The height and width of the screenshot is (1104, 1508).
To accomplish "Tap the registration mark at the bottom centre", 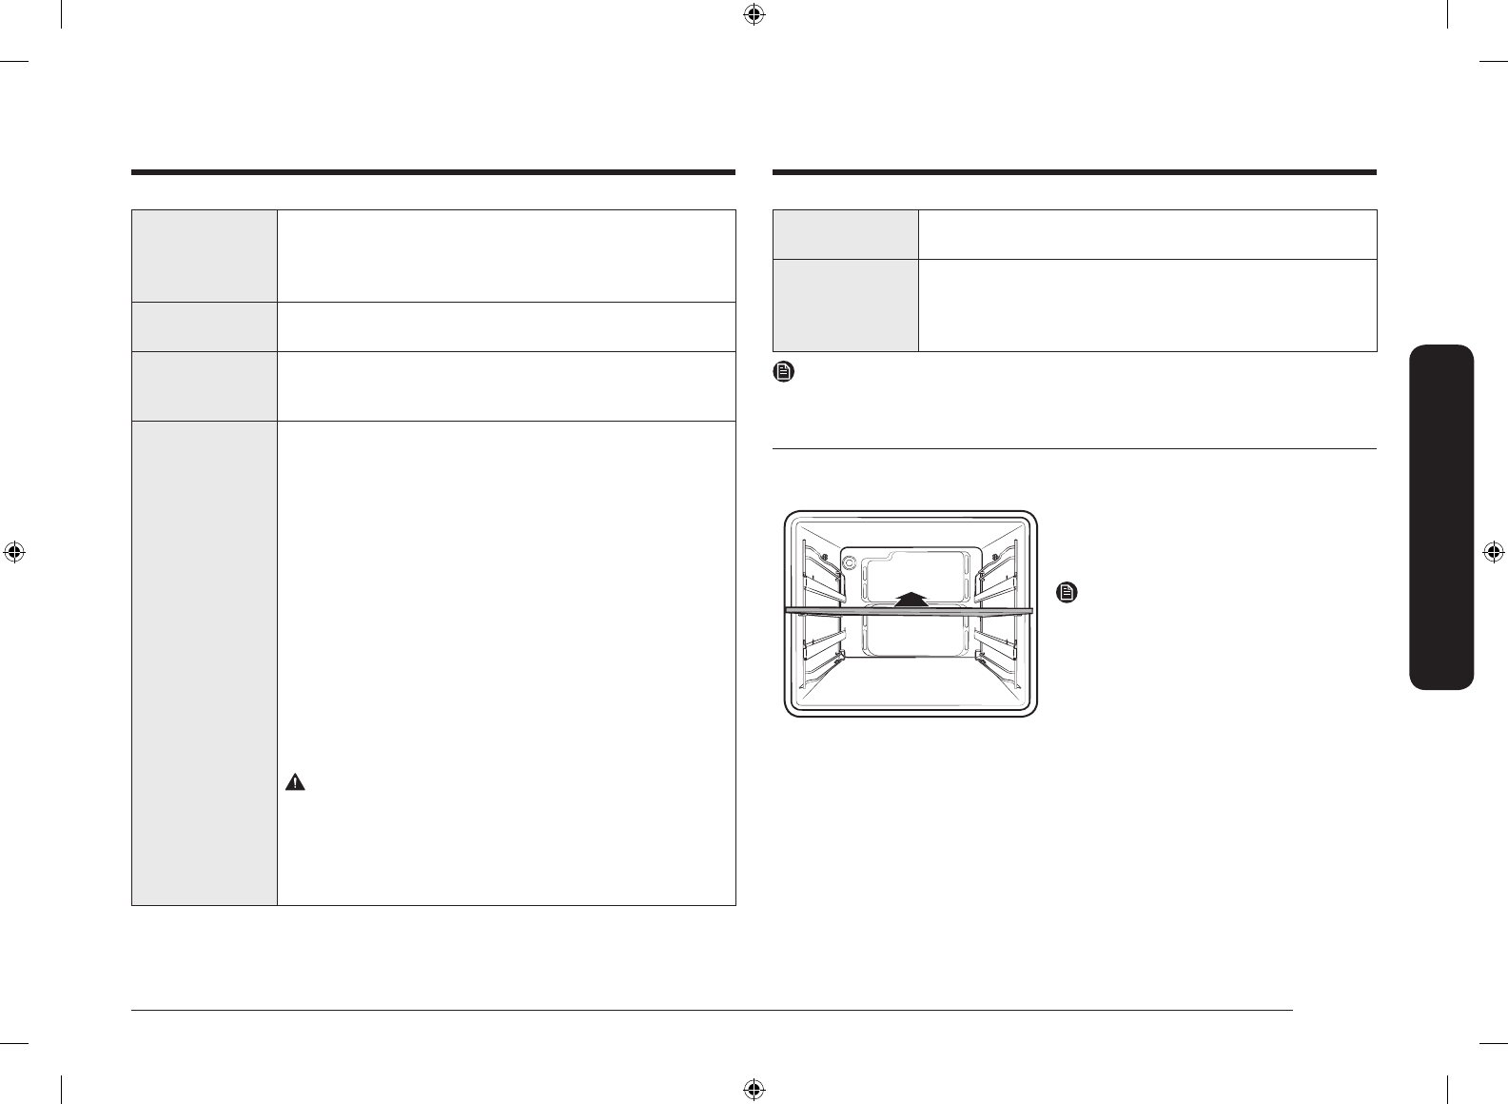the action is (754, 1089).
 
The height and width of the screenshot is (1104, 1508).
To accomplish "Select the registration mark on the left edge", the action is (13, 552).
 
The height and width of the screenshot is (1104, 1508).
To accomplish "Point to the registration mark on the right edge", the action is (1494, 552).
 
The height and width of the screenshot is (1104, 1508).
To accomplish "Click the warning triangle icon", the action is (296, 783).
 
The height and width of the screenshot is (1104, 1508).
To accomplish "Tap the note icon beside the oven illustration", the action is (1067, 593).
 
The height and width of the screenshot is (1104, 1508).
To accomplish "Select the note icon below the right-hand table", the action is (783, 372).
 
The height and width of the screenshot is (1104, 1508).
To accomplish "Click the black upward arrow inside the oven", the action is (911, 597).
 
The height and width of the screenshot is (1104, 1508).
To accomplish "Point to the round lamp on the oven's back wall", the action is (849, 562).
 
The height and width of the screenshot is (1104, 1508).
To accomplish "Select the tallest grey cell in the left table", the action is (205, 662).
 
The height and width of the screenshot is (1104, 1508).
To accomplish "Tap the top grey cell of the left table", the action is (205, 256).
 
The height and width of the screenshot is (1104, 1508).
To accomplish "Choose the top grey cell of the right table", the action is (846, 234).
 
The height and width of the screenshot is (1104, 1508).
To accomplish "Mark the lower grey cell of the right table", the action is (846, 305).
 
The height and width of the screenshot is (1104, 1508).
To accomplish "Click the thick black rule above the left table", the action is (433, 173).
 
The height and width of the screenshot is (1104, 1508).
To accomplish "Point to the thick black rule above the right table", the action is (1075, 173).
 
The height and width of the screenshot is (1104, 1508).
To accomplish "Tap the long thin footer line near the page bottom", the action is (714, 1011).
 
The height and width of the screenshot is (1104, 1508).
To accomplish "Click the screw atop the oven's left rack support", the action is (824, 556).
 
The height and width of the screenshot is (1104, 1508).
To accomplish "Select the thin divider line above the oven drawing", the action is (1075, 448).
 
